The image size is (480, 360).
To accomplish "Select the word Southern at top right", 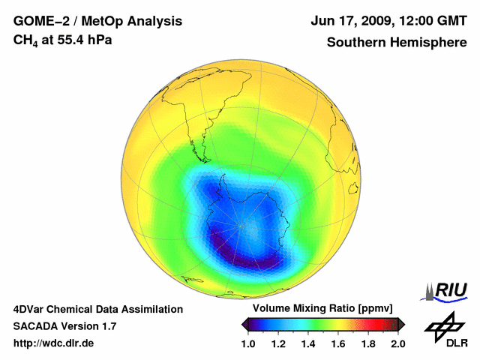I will tap(354, 42).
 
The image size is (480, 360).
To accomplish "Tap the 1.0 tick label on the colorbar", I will tap(250, 343).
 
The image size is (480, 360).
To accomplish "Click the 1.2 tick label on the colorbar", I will tap(280, 343).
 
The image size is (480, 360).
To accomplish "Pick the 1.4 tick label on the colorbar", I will tap(309, 343).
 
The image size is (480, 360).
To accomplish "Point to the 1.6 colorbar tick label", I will tap(338, 343).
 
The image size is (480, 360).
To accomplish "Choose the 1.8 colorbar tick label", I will tap(368, 343).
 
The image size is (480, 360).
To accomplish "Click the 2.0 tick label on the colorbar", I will tap(397, 343).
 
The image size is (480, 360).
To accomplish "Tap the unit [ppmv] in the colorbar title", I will tap(370, 309).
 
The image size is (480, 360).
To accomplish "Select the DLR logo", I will tap(445, 330).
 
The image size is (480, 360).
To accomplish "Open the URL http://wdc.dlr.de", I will tap(54, 343).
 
